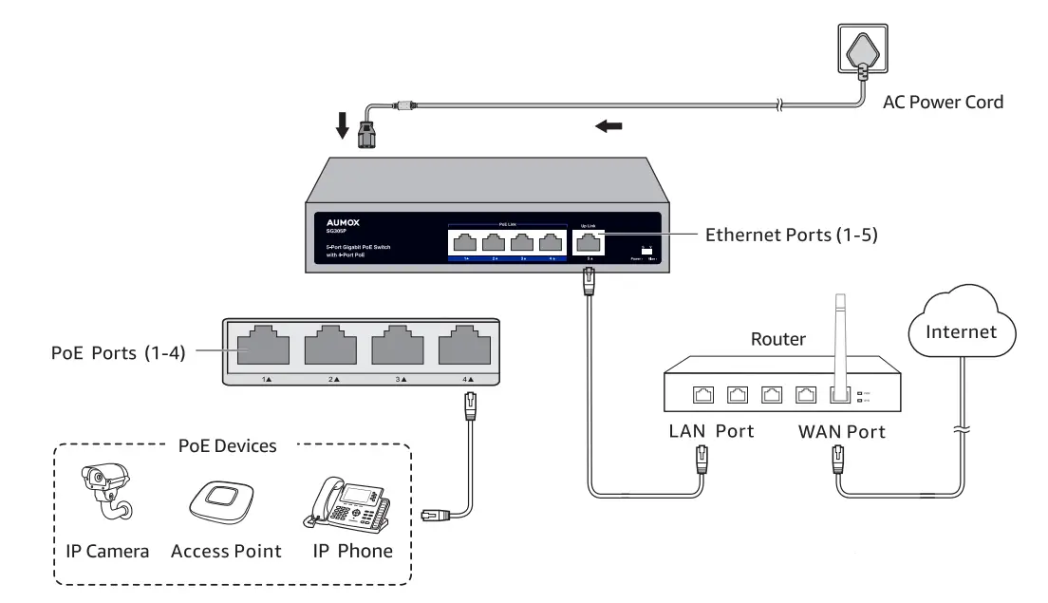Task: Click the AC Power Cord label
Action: pos(943,103)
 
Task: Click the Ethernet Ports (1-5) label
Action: pos(792,234)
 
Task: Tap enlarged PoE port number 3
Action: pos(397,347)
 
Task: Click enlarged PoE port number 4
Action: pos(464,347)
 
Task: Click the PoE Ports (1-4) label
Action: pos(119,354)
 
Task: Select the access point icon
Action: pos(225,500)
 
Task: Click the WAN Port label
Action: pos(841,432)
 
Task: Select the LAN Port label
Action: pos(711,432)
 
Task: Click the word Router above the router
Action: pos(778,338)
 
